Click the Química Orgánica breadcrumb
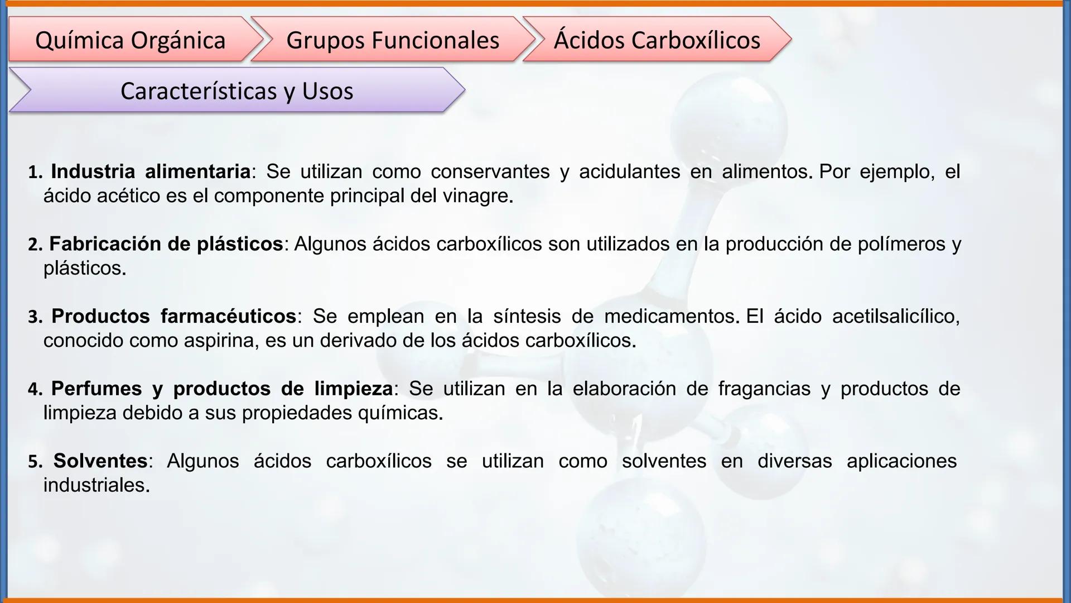[x=131, y=40]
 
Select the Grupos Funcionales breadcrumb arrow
[x=393, y=40]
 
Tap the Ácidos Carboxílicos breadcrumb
[x=657, y=40]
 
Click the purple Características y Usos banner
[x=237, y=91]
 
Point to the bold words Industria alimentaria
[x=151, y=171]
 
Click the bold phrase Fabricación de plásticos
[x=166, y=244]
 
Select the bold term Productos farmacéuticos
[x=173, y=317]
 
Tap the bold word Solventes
[x=100, y=461]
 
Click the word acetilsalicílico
[x=895, y=317]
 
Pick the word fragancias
[x=764, y=389]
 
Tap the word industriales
[x=96, y=485]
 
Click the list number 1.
[x=35, y=173]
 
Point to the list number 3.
[x=35, y=318]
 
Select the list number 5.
[x=35, y=462]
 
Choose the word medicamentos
[x=669, y=317]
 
